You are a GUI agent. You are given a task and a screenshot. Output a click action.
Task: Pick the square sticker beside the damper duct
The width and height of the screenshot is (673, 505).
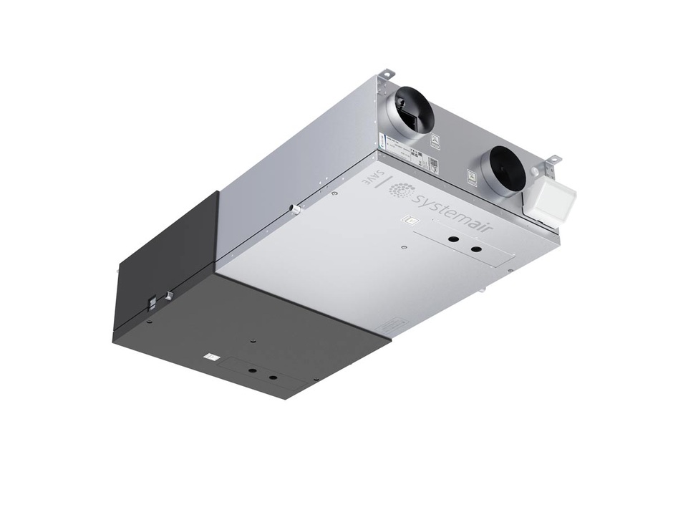click(x=435, y=142)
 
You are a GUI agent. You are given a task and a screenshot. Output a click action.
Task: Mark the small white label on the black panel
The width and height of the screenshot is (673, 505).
click(x=210, y=356)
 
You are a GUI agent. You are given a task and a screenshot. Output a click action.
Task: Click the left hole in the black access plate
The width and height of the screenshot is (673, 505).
click(x=252, y=370)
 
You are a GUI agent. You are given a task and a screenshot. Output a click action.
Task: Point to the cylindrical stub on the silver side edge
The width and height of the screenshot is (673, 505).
click(x=293, y=209)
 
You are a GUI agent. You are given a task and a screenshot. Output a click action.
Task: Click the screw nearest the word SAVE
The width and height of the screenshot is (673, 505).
click(x=335, y=193)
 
